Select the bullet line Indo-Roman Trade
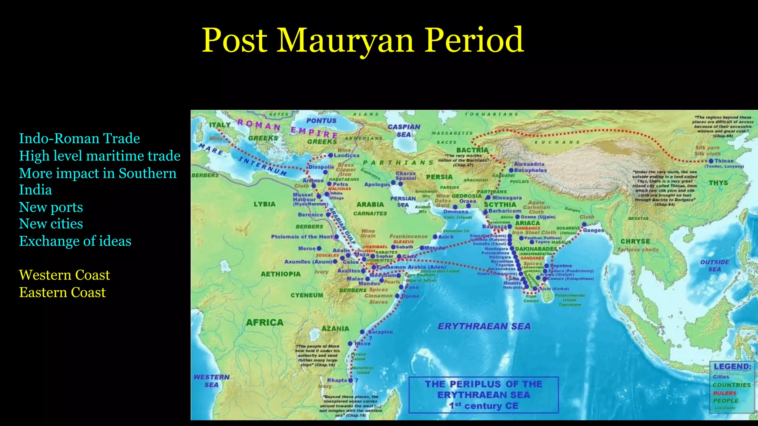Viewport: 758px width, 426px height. click(79, 138)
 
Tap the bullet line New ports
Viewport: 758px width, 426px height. click(51, 207)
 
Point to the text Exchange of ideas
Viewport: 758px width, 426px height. click(75, 241)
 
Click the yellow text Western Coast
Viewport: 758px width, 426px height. click(64, 275)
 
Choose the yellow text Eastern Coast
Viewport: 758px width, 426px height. click(62, 293)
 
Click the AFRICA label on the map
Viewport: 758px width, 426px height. click(265, 323)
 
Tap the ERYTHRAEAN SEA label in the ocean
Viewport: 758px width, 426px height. click(484, 327)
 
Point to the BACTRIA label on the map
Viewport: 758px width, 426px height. click(472, 150)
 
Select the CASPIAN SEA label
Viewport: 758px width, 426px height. click(404, 131)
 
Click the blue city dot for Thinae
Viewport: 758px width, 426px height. click(711, 161)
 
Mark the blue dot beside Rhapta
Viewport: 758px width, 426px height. click(351, 380)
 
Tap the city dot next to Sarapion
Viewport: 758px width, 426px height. click(362, 332)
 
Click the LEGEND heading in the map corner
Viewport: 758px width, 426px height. click(732, 366)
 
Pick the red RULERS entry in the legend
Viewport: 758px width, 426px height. click(725, 393)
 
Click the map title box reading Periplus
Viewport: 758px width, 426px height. click(483, 395)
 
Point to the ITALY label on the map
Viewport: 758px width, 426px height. click(220, 125)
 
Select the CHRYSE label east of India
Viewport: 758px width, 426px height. click(635, 241)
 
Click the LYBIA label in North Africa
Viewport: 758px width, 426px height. click(264, 204)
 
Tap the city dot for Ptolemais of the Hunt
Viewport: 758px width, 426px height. click(336, 237)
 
